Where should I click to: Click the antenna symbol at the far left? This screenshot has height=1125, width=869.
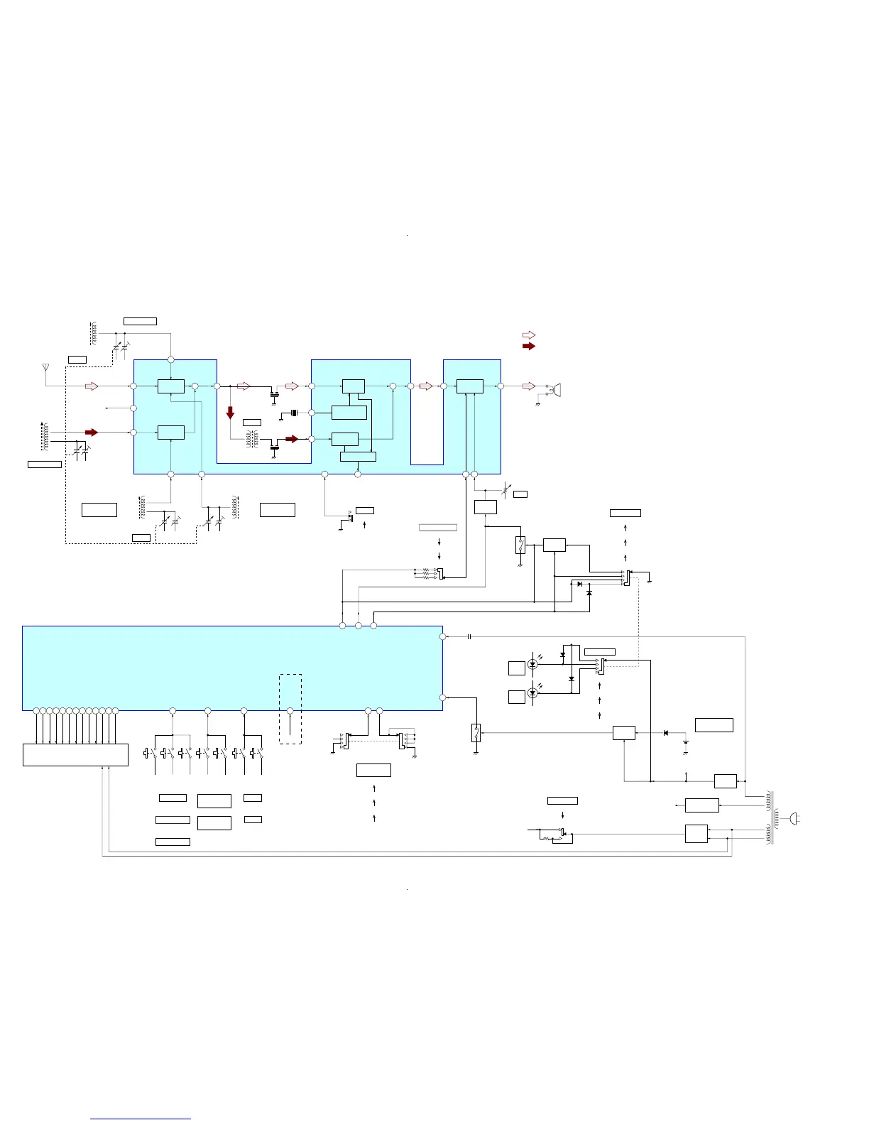[x=45, y=368]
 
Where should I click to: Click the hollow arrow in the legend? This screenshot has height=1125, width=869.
[x=528, y=335]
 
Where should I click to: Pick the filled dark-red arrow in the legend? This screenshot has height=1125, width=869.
[x=528, y=346]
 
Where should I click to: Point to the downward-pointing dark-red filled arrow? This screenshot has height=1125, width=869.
[x=230, y=412]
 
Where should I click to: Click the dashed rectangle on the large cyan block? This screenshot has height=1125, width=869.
[x=290, y=708]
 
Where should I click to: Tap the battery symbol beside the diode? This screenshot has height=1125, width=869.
[x=686, y=743]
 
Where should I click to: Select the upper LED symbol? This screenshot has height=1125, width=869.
[x=532, y=664]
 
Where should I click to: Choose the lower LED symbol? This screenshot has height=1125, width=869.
[x=532, y=692]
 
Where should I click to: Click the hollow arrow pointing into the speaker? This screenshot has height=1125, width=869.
[x=528, y=386]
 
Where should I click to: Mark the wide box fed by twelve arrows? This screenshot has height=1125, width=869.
[x=75, y=754]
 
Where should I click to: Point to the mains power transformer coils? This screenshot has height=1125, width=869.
[x=771, y=819]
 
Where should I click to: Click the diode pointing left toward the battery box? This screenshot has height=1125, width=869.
[x=665, y=732]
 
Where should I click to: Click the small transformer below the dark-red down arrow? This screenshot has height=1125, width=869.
[x=252, y=440]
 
